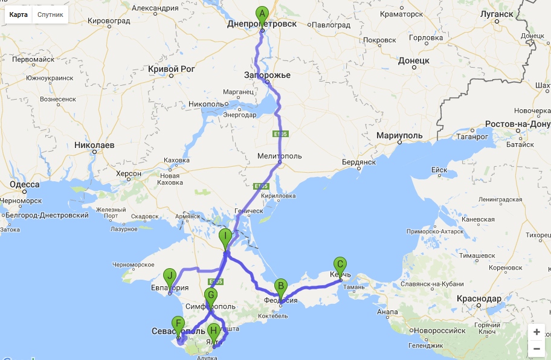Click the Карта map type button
(x=18, y=14)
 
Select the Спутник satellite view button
(x=50, y=14)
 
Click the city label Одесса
(x=25, y=185)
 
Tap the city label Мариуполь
(x=401, y=135)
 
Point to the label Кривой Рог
(x=171, y=69)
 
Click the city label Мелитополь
(x=279, y=156)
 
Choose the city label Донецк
(x=413, y=60)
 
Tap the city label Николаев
(x=94, y=145)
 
